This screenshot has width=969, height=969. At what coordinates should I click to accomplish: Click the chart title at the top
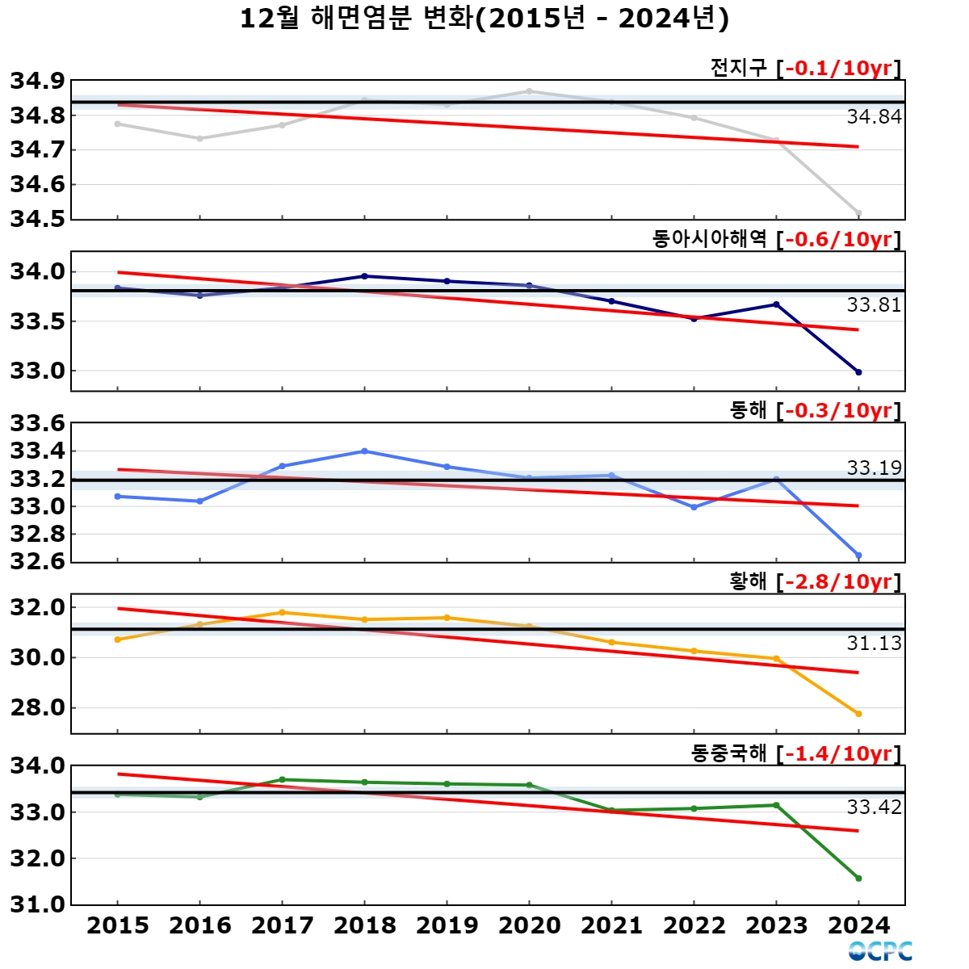[484, 18]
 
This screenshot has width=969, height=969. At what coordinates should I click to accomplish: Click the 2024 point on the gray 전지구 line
[858, 213]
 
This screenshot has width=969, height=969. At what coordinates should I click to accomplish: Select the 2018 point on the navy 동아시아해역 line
[364, 276]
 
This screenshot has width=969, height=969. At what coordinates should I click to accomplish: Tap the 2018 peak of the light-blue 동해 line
[364, 451]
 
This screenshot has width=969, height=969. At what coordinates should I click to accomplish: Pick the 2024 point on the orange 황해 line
[858, 714]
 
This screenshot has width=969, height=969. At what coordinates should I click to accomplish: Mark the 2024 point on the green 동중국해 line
[858, 879]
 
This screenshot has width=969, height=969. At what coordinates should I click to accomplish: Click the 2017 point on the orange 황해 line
[282, 612]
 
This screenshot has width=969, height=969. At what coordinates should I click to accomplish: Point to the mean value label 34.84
[874, 117]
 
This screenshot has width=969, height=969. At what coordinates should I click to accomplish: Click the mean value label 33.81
[874, 305]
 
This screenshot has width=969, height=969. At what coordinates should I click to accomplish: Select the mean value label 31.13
[874, 644]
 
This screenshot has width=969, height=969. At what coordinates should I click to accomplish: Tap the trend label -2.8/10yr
[839, 581]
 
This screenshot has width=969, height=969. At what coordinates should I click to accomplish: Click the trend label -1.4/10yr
[839, 753]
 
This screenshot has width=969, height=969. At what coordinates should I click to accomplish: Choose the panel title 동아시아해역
[709, 239]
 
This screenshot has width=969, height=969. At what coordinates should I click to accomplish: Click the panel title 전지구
[738, 68]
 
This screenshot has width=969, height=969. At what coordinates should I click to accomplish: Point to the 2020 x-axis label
[529, 925]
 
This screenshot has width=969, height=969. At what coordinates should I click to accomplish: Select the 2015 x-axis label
[118, 925]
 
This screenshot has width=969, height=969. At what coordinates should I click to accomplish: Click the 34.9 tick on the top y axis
[37, 81]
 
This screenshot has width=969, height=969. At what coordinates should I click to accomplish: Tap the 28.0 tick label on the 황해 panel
[37, 707]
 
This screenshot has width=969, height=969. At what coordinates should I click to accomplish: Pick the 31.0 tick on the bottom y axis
[37, 904]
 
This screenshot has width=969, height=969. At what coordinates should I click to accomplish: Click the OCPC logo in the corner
[880, 951]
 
